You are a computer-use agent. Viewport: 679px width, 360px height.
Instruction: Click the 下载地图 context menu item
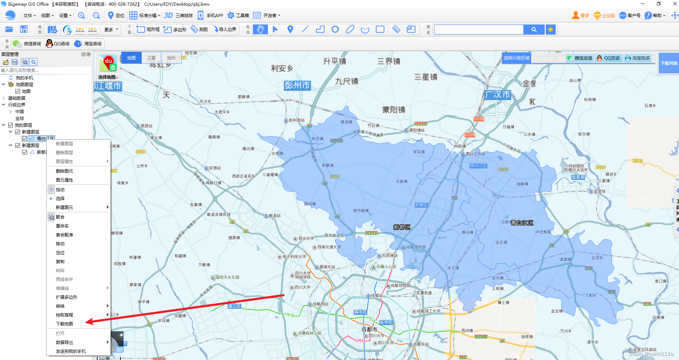pyautogui.click(x=64, y=324)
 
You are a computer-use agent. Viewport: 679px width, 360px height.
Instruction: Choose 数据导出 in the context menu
pyautogui.click(x=64, y=342)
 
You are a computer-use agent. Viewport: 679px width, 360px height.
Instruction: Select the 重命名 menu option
pyautogui.click(x=62, y=226)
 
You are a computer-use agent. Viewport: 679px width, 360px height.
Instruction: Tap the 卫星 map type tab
pyautogui.click(x=151, y=58)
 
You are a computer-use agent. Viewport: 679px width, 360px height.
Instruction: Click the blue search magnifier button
pyautogui.click(x=534, y=30)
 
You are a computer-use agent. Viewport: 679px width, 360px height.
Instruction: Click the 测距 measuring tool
pyautogui.click(x=199, y=29)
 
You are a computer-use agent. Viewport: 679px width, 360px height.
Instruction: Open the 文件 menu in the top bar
pyautogui.click(x=29, y=15)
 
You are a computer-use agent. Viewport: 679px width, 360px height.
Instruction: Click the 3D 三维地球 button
pyautogui.click(x=178, y=15)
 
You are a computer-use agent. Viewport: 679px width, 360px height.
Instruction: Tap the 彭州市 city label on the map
pyautogui.click(x=297, y=85)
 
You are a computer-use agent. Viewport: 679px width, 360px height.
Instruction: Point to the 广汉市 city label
pyautogui.click(x=498, y=95)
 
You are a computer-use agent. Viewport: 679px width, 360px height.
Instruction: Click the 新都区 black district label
pyautogui.click(x=402, y=227)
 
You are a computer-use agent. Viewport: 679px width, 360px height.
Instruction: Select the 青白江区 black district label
pyautogui.click(x=522, y=223)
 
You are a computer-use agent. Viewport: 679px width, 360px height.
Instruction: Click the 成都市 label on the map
pyautogui.click(x=369, y=329)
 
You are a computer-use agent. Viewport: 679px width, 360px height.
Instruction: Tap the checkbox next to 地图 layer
pyautogui.click(x=17, y=91)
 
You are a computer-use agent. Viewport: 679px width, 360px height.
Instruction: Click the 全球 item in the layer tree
pyautogui.click(x=20, y=118)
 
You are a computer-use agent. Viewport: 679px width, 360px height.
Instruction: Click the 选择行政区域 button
pyautogui.click(x=516, y=58)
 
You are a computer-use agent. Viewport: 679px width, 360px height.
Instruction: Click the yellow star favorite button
pyautogui.click(x=550, y=30)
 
